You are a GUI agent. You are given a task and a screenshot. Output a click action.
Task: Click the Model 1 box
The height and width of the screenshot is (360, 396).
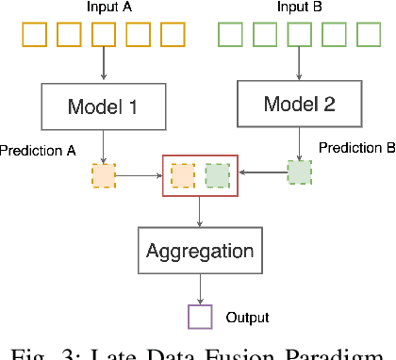tap(101, 106)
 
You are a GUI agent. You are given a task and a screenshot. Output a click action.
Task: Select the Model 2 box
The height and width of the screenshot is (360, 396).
tap(300, 102)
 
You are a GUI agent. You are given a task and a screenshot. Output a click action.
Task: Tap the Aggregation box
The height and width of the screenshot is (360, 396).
tap(199, 251)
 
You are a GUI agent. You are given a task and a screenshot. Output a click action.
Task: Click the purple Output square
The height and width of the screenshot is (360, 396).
tap(200, 317)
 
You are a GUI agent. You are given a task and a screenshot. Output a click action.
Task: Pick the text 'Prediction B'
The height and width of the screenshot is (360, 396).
tap(355, 148)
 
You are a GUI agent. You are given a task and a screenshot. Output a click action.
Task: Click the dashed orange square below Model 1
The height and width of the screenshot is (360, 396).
tap(103, 174)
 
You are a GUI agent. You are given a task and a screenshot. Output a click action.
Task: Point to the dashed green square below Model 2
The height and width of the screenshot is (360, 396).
tap(300, 172)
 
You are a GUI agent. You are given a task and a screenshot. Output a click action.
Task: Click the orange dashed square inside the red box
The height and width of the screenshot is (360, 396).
tap(183, 175)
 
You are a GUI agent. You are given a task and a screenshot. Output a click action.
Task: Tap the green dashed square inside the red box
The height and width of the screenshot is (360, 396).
tap(217, 175)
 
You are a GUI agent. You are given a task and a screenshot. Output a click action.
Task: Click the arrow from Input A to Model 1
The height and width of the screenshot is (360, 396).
tap(102, 66)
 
